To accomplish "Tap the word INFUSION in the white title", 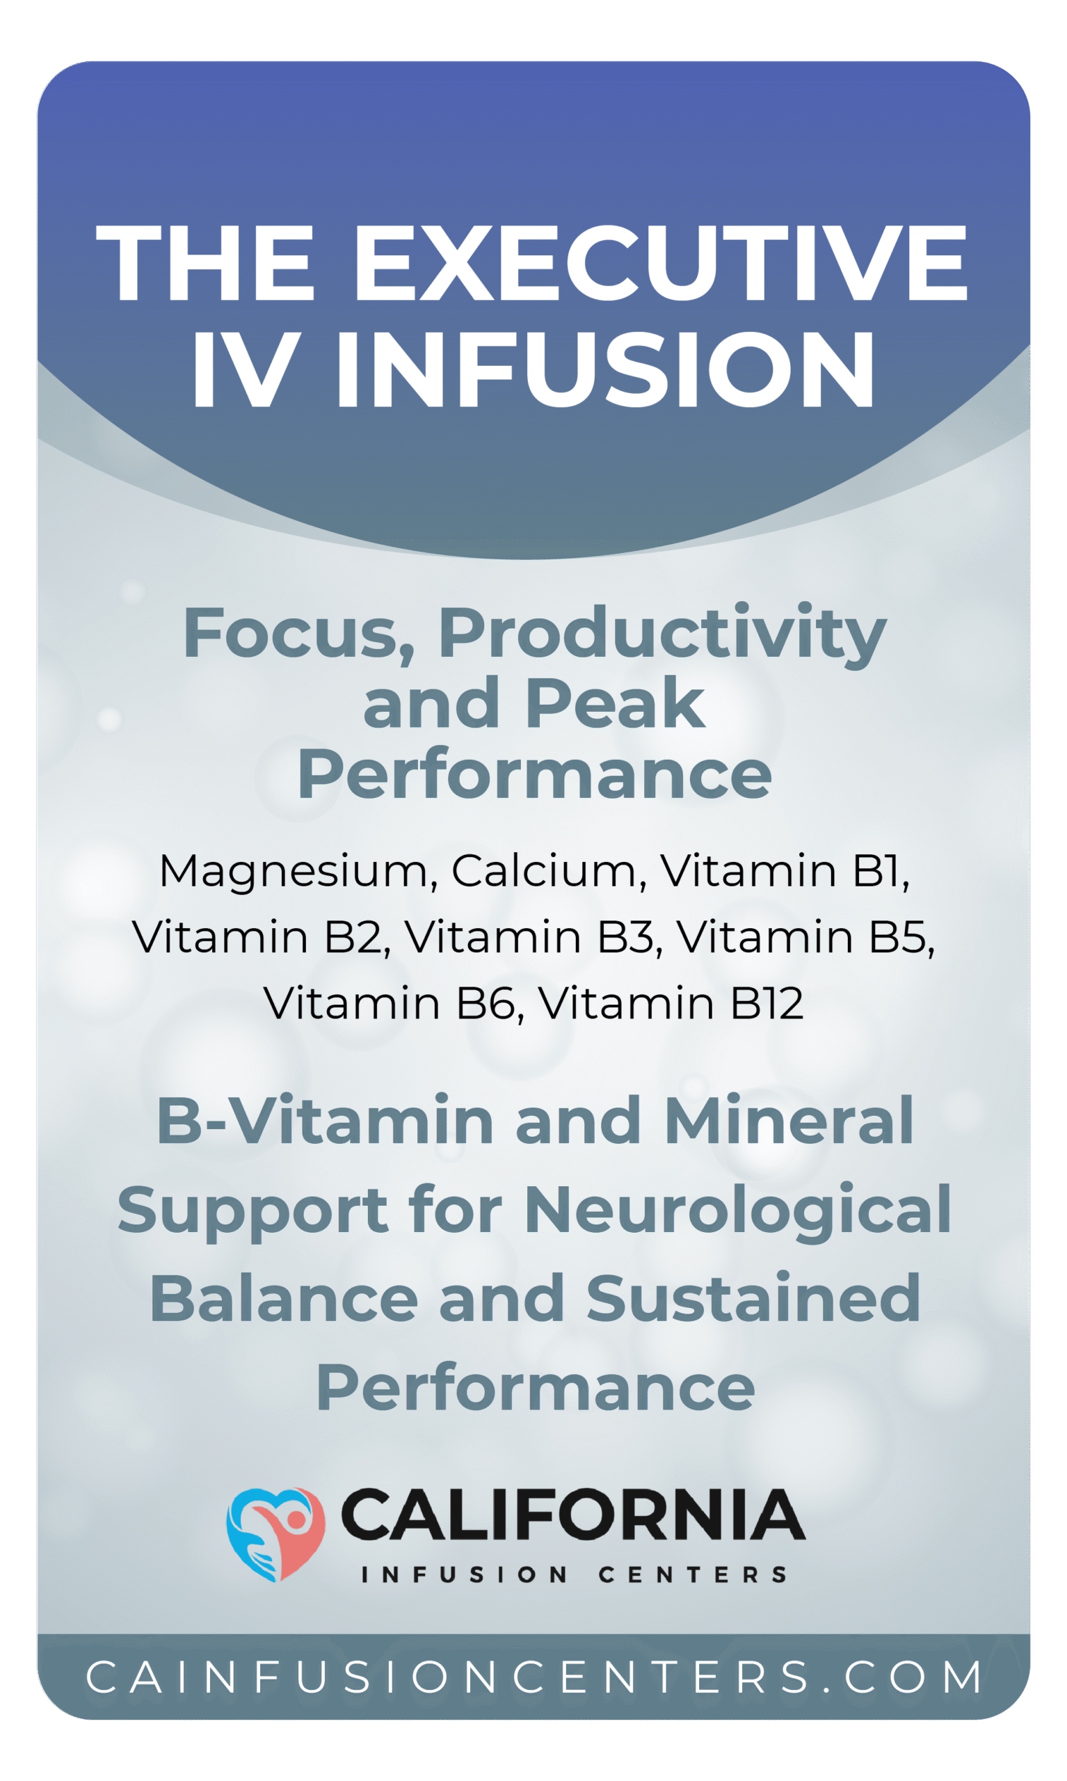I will [x=605, y=370].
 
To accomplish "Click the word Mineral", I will [x=789, y=1121].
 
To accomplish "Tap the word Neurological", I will [x=738, y=1210].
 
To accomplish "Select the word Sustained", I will [x=753, y=1299].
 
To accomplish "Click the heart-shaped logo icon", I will [x=276, y=1535].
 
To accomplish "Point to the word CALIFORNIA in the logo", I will [x=572, y=1515].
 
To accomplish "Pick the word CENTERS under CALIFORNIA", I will [x=692, y=1574].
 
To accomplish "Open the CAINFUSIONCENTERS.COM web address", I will [x=533, y=1677].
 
